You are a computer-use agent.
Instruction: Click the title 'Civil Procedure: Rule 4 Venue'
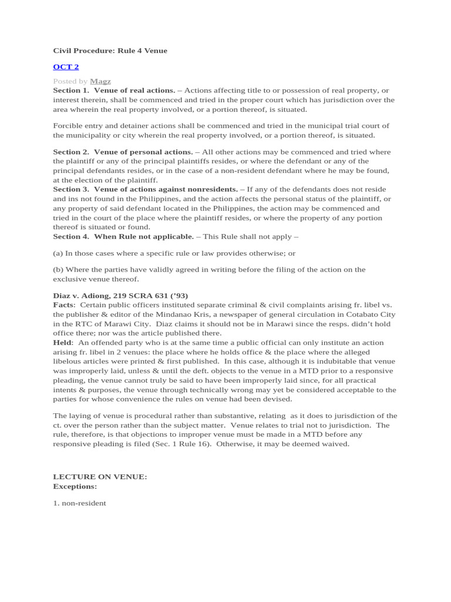coord(110,51)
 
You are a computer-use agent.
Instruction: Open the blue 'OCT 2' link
coord(66,67)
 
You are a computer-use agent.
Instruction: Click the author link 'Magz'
coord(100,81)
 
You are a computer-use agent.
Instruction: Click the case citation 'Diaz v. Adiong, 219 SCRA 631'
coord(109,295)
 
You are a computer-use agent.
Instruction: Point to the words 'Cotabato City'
coord(371,314)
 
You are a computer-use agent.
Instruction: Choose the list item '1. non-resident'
coord(79,503)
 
